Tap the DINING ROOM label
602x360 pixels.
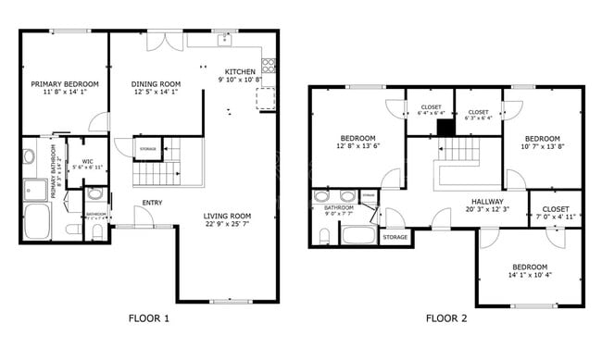[156, 83]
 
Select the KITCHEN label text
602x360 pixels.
[241, 72]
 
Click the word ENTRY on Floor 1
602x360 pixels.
[153, 204]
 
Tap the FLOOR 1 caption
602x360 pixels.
[148, 319]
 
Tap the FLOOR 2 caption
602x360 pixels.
[446, 319]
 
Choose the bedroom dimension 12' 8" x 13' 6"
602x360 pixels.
[357, 146]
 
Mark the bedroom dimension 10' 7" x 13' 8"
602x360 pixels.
[543, 146]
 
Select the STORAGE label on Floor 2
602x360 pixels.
[395, 238]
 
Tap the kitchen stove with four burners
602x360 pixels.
[270, 65]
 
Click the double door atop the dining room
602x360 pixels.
[168, 41]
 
